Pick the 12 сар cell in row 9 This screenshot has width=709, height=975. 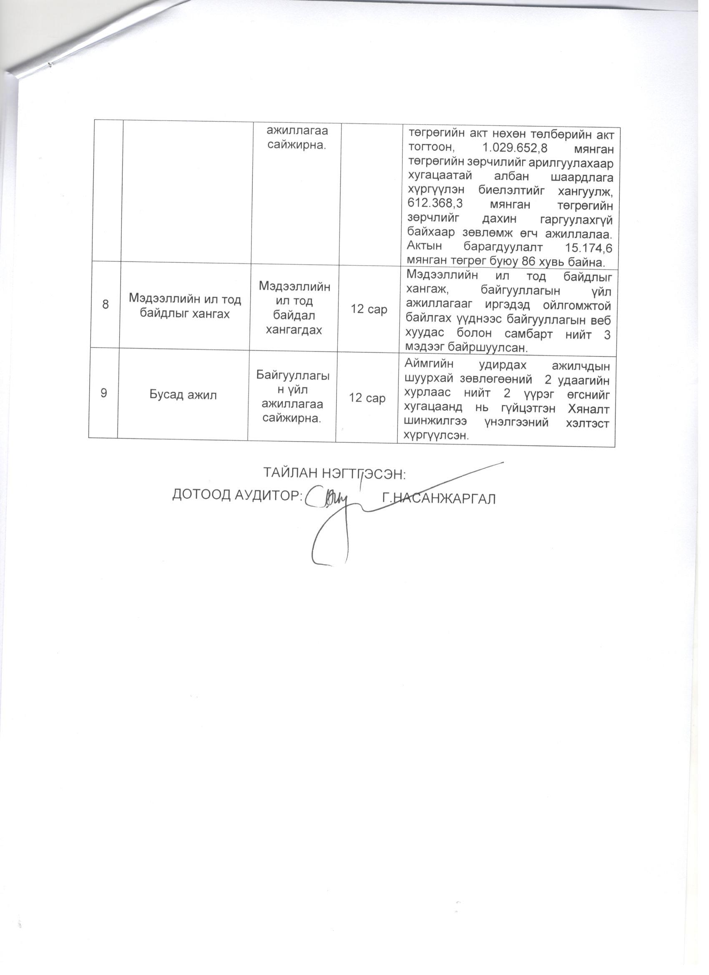point(367,398)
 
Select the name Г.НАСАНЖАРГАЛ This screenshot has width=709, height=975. point(439,499)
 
